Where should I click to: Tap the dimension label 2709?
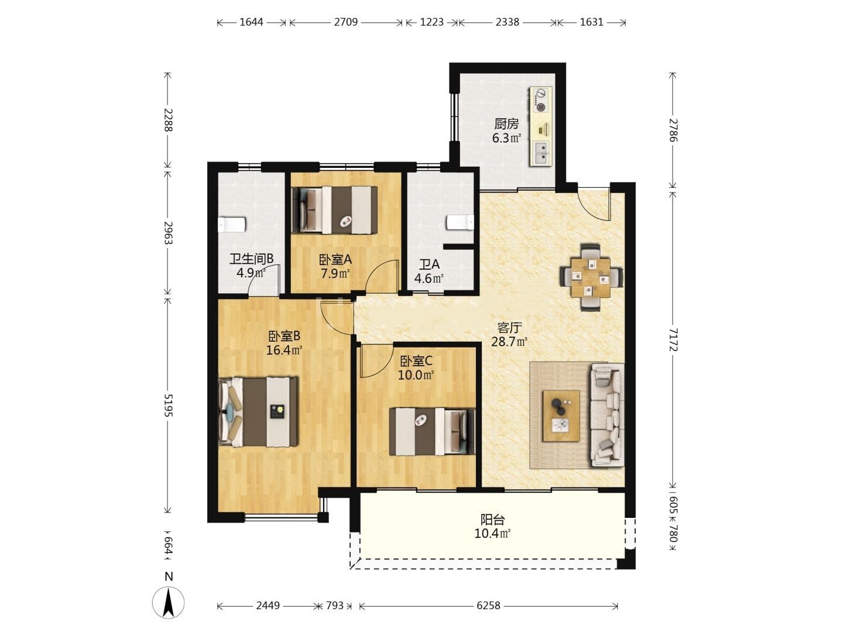click(345, 22)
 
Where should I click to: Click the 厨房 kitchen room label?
click(506, 124)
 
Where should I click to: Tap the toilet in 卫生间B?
click(232, 225)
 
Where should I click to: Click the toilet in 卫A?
click(460, 222)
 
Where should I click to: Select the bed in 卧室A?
click(334, 210)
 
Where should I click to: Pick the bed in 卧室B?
click(258, 412)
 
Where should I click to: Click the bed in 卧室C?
click(433, 431)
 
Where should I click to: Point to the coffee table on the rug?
click(561, 416)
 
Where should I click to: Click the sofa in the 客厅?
click(607, 415)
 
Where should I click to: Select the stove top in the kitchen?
click(541, 101)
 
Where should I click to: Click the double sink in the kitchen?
click(541, 153)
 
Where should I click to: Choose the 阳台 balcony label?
click(492, 520)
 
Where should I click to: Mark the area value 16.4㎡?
click(284, 350)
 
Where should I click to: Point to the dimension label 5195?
click(168, 405)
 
